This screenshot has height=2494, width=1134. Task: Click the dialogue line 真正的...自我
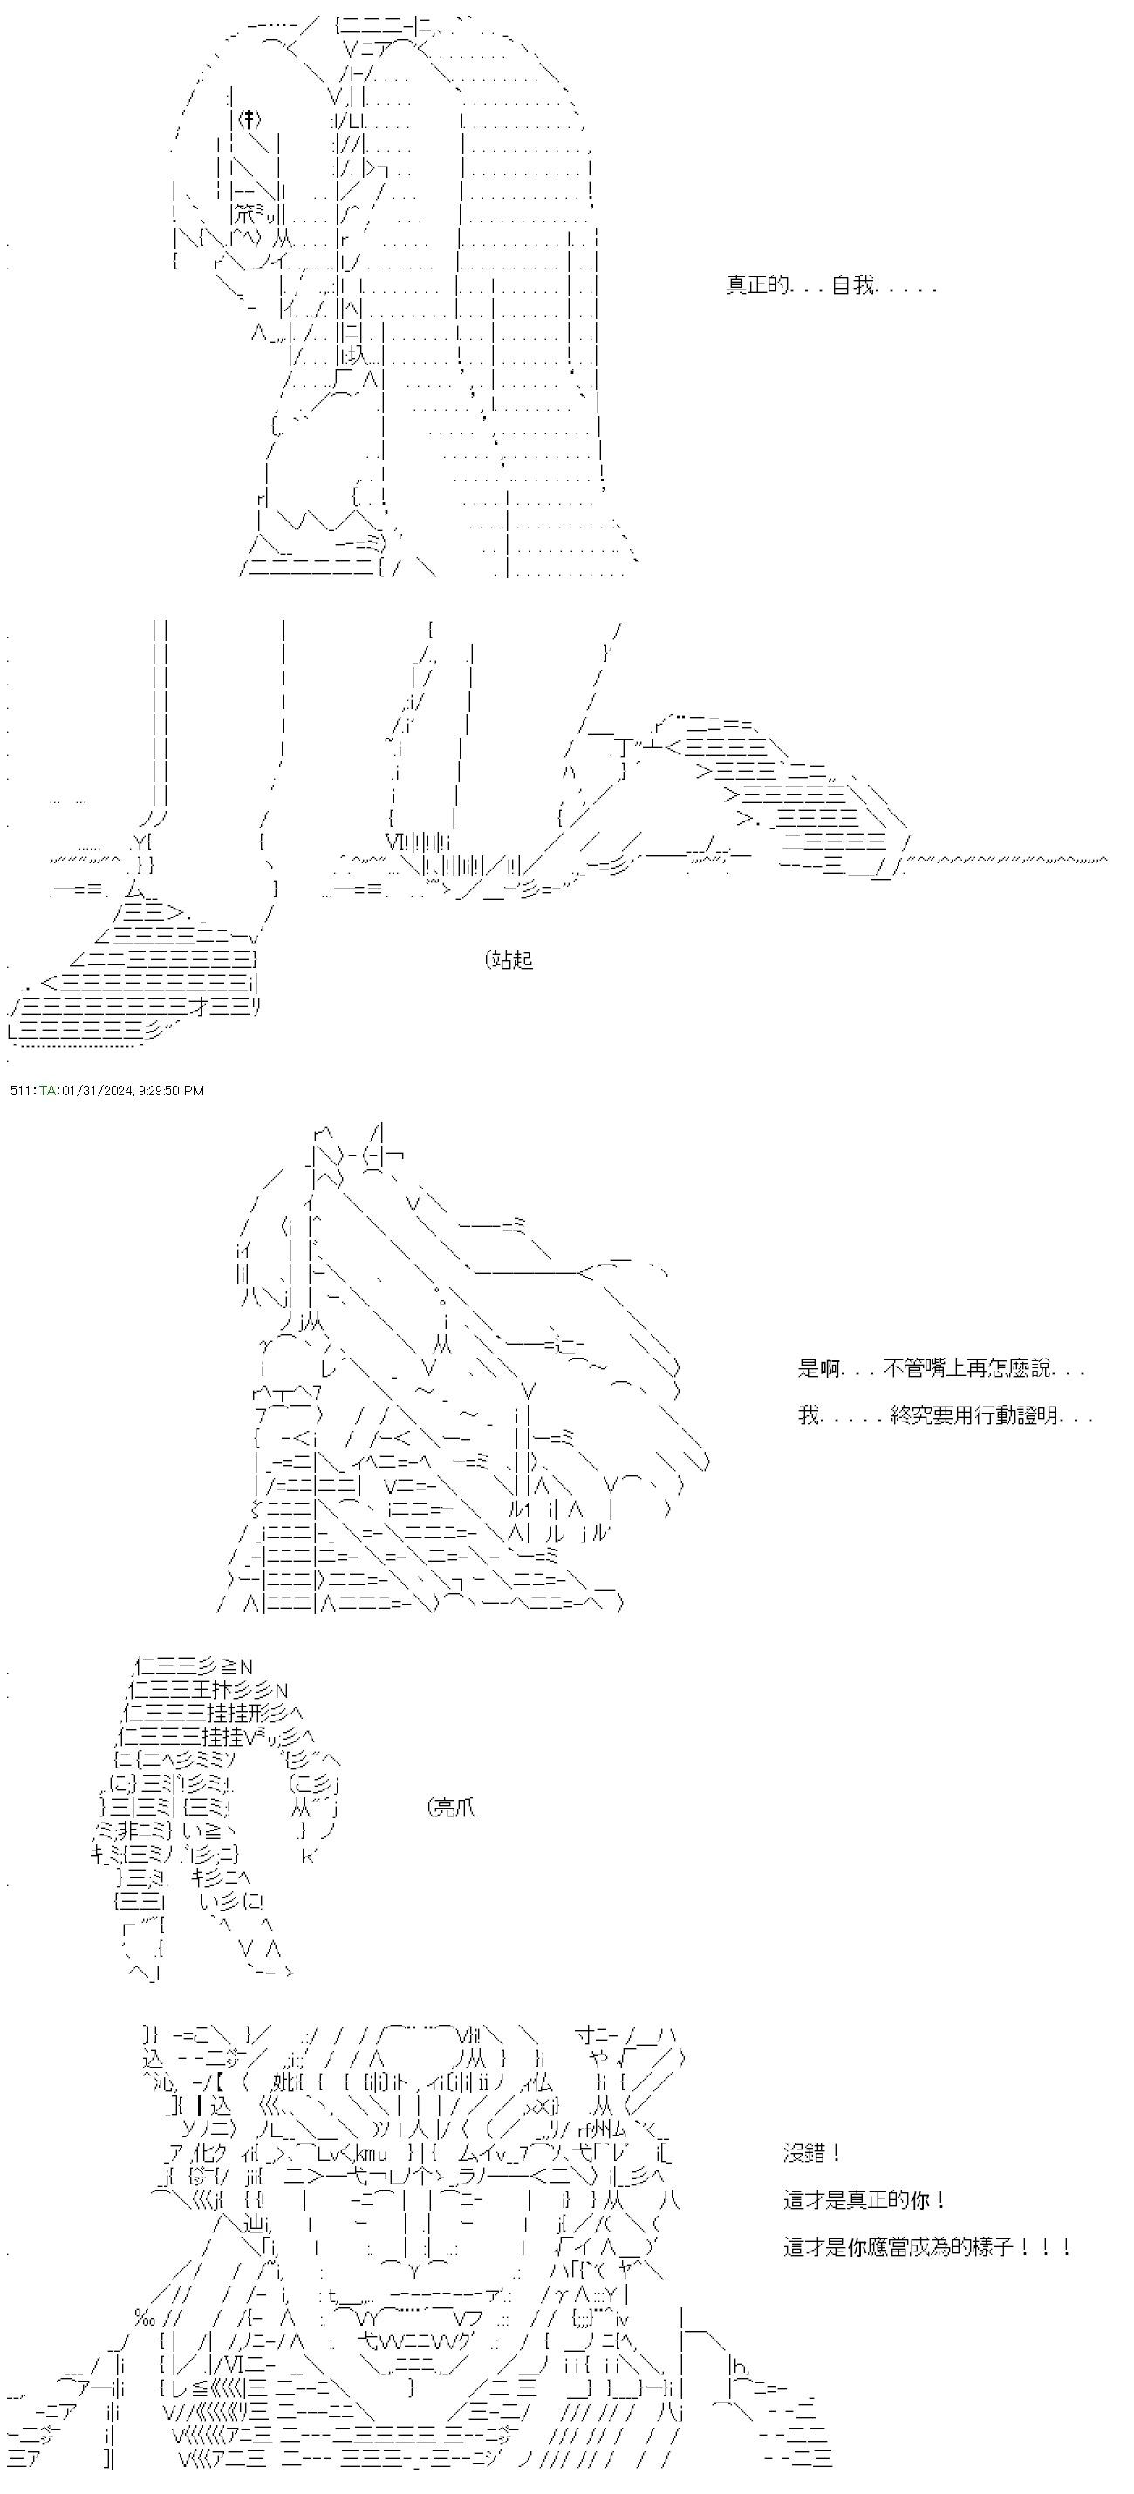click(x=831, y=286)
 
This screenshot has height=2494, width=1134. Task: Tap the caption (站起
click(x=509, y=960)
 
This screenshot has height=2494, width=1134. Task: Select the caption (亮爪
click(x=451, y=1808)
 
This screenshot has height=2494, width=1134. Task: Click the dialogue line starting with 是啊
click(x=941, y=1369)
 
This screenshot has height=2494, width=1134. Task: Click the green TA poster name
click(x=46, y=1090)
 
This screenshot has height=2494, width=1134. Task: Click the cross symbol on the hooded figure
click(x=249, y=120)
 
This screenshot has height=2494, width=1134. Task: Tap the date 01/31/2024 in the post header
click(x=95, y=1090)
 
